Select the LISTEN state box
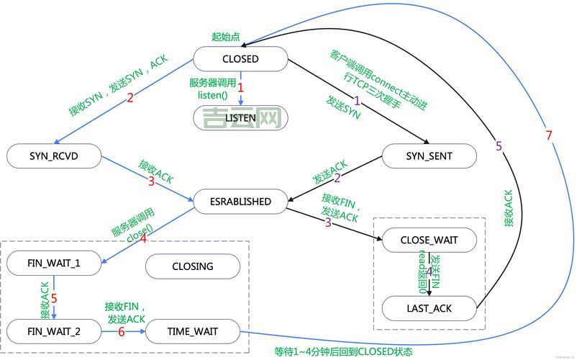[x=240, y=117]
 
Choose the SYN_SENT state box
[x=429, y=156]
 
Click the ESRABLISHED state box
[x=241, y=202]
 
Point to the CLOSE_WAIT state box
[x=430, y=239]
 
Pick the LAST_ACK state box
[x=430, y=308]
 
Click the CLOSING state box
[x=192, y=266]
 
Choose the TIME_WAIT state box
[x=192, y=331]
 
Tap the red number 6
[x=121, y=332]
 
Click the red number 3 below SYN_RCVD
[x=150, y=181]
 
